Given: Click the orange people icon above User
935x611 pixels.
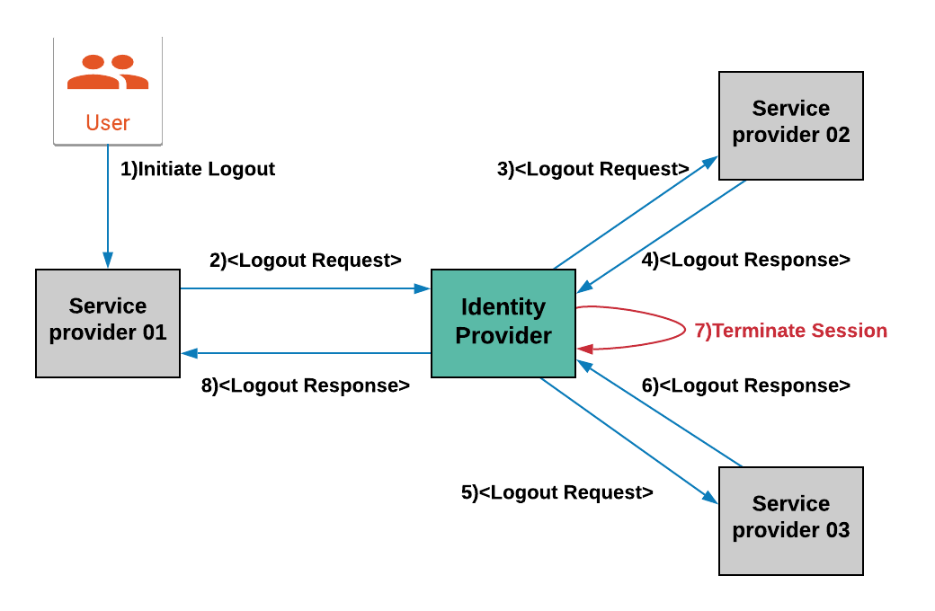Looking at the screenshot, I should pyautogui.click(x=108, y=72).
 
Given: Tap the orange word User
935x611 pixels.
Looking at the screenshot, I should pyautogui.click(x=108, y=123).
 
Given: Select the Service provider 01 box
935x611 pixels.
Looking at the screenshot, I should pyautogui.click(x=108, y=323).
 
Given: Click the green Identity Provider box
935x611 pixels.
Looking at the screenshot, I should pyautogui.click(x=503, y=323).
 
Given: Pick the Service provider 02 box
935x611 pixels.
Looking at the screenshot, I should pyautogui.click(x=791, y=126).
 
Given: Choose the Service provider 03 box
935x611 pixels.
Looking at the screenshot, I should pyautogui.click(x=791, y=520).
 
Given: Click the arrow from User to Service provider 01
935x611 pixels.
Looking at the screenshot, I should pyautogui.click(x=108, y=207).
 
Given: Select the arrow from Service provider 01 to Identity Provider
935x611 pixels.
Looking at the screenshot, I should pyautogui.click(x=306, y=288).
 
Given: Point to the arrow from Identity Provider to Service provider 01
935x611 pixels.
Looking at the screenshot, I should pyautogui.click(x=306, y=353).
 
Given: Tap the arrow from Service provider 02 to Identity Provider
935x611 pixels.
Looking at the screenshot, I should pyautogui.click(x=662, y=236).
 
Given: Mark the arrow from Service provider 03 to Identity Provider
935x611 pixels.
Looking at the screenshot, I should pyautogui.click(x=660, y=414).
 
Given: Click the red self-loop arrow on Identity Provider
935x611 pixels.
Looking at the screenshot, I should pyautogui.click(x=679, y=328).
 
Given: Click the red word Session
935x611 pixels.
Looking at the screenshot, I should pyautogui.click(x=850, y=331).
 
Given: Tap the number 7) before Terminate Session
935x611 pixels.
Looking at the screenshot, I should pyautogui.click(x=702, y=331).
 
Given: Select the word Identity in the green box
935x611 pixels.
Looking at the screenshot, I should pyautogui.click(x=503, y=307).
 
